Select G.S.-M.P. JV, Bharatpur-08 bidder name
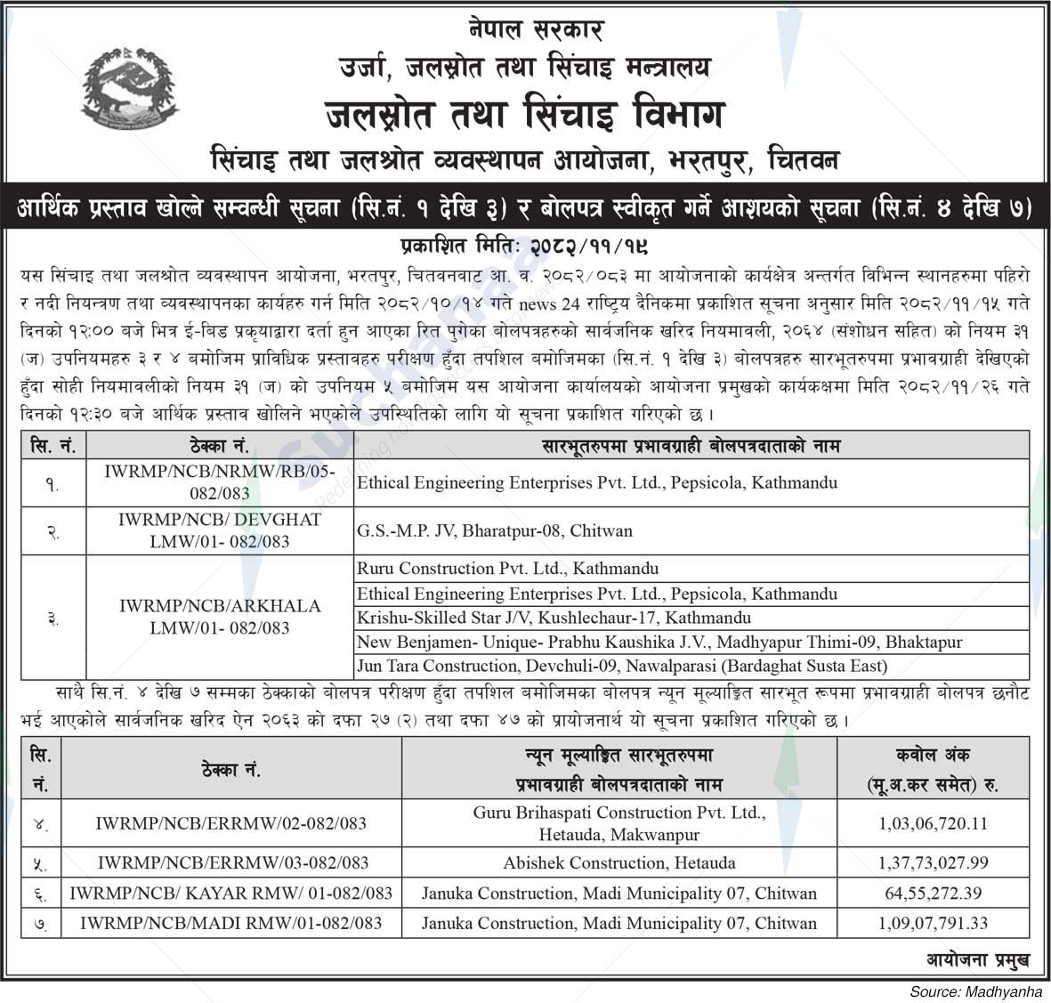pos(495,530)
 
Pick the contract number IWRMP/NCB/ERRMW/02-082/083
pos(231,823)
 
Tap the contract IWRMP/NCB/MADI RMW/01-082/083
pos(231,923)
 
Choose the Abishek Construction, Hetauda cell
pos(619,862)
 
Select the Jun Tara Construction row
pos(621,666)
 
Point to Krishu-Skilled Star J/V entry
pos(554,617)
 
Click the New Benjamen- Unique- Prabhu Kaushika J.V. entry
pos(659,642)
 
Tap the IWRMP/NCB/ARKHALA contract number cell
pos(220,617)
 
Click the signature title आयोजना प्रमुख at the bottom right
pos(977,959)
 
